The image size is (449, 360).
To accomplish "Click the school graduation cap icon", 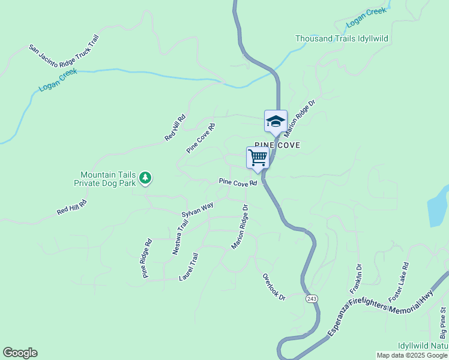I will click(276, 121).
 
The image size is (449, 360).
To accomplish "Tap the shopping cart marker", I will click(258, 158).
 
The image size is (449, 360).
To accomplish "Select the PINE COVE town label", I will click(277, 145).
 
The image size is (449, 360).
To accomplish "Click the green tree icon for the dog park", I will click(145, 178).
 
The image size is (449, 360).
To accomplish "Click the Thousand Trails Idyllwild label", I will click(342, 38).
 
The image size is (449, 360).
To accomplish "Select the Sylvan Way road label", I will click(197, 210).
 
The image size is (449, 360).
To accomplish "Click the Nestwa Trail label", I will click(180, 237).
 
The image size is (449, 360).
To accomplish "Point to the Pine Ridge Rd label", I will click(147, 259).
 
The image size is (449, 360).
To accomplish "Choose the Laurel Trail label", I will click(188, 268).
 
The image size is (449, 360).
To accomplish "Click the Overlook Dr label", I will click(274, 287).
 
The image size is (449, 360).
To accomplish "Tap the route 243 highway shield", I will click(311, 298).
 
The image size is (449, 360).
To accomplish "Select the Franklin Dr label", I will click(356, 279).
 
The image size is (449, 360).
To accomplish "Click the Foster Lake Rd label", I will click(399, 282).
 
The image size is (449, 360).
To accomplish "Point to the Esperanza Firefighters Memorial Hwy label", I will click(381, 311).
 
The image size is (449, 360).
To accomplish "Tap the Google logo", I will click(20, 353).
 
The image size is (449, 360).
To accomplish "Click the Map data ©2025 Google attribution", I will click(412, 355).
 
